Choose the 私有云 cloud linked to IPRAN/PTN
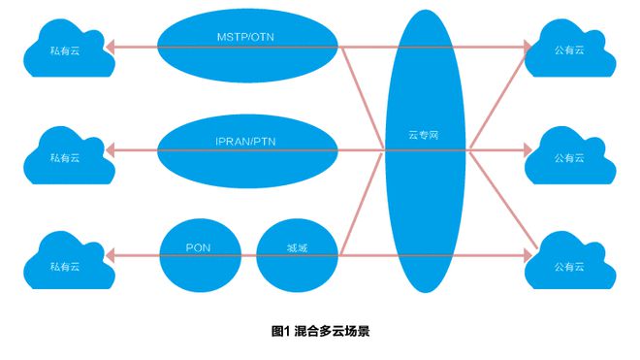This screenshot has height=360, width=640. click(63, 154)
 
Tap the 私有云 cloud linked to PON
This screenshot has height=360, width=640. click(63, 261)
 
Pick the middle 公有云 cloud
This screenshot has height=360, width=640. click(569, 156)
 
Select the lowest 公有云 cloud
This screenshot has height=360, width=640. click(569, 263)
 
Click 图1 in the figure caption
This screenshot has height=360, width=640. click(281, 331)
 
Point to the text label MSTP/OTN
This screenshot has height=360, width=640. click(248, 38)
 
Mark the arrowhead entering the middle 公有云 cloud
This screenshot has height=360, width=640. click(528, 149)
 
